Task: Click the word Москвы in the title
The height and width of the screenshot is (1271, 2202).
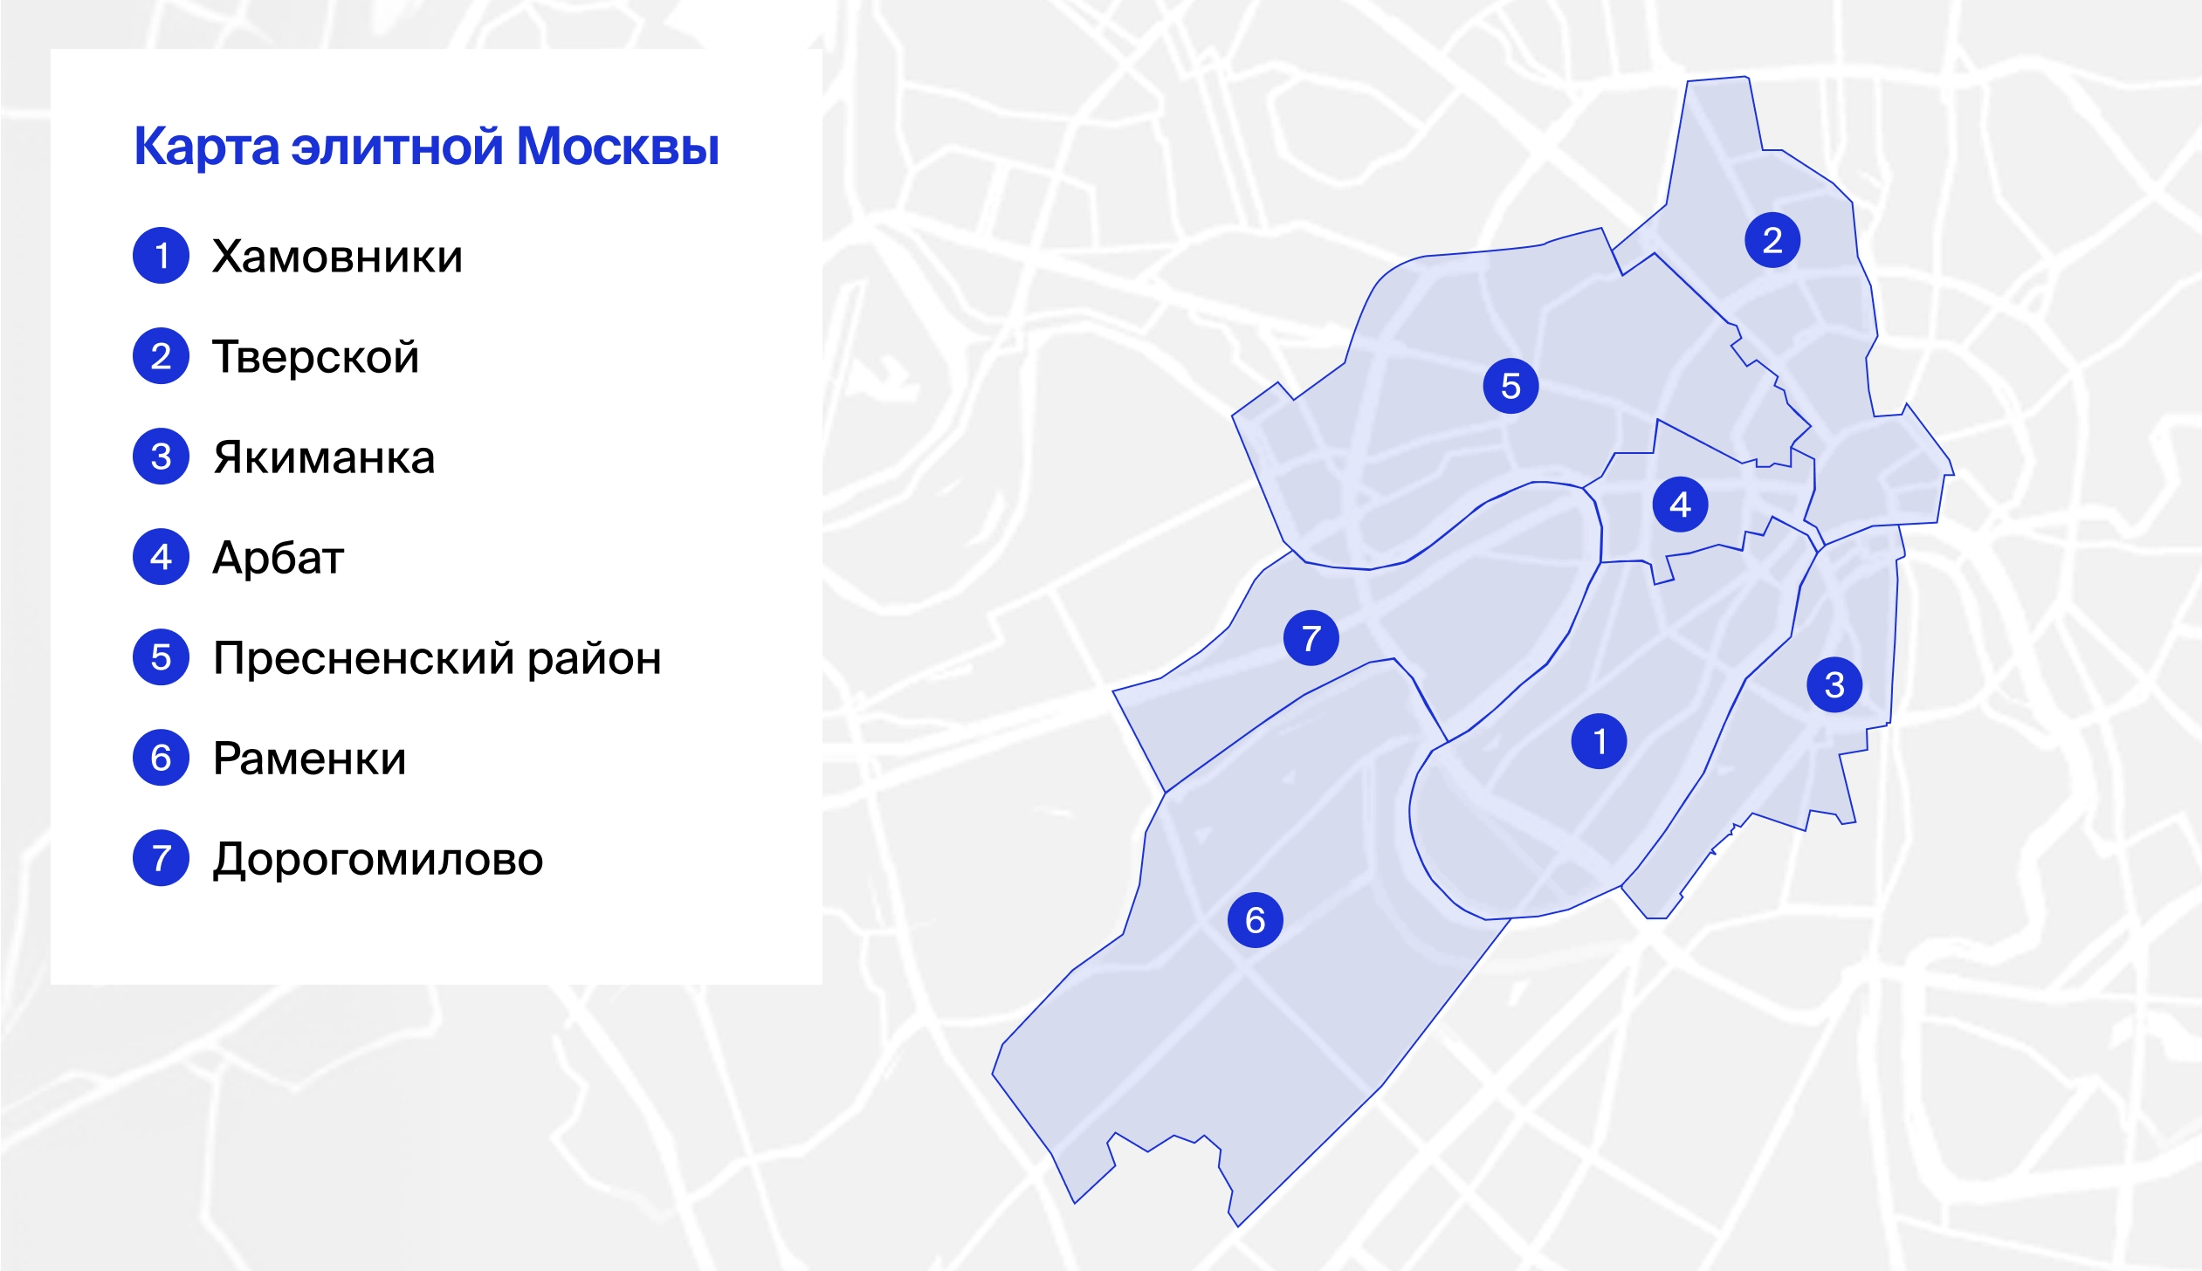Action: [617, 146]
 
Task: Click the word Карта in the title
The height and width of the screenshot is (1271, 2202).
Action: [206, 146]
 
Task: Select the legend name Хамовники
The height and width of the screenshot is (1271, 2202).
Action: [337, 257]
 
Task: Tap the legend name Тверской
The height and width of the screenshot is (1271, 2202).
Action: [315, 357]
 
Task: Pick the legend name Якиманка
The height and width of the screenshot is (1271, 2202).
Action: [324, 457]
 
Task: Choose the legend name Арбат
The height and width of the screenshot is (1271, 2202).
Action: [279, 558]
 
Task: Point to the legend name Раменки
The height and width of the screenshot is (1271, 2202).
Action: [309, 759]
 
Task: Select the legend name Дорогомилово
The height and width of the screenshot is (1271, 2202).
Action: [378, 859]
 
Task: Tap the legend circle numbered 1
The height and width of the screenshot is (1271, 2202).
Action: [161, 256]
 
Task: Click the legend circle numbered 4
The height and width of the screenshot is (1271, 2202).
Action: [161, 557]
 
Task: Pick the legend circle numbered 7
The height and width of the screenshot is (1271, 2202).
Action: [161, 858]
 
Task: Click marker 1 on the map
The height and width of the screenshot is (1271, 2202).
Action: [1599, 741]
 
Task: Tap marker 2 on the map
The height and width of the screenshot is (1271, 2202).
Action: [1772, 240]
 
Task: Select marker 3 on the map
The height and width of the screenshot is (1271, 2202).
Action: [1834, 684]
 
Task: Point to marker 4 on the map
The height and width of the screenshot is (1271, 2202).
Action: [1681, 505]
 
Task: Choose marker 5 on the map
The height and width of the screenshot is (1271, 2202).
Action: [1510, 386]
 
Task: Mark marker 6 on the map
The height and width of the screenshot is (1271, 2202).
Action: [1256, 920]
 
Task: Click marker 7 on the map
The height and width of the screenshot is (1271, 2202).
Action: [1311, 638]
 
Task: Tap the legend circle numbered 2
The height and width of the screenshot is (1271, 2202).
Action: [161, 356]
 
